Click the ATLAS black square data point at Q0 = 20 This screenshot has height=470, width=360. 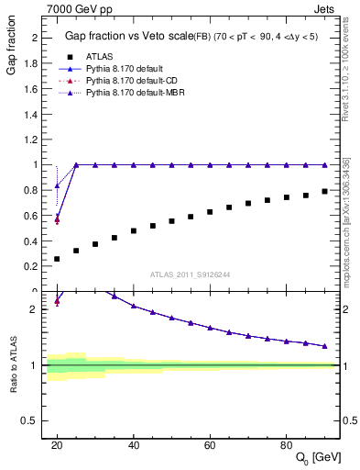click(x=57, y=259)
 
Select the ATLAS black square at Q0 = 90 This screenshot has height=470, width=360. click(x=324, y=191)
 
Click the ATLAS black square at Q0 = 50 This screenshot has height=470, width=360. click(x=171, y=221)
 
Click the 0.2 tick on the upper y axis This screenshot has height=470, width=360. click(x=32, y=266)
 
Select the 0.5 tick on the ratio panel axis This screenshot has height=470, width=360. click(x=32, y=420)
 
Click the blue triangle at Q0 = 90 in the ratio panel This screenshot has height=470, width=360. click(x=324, y=346)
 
